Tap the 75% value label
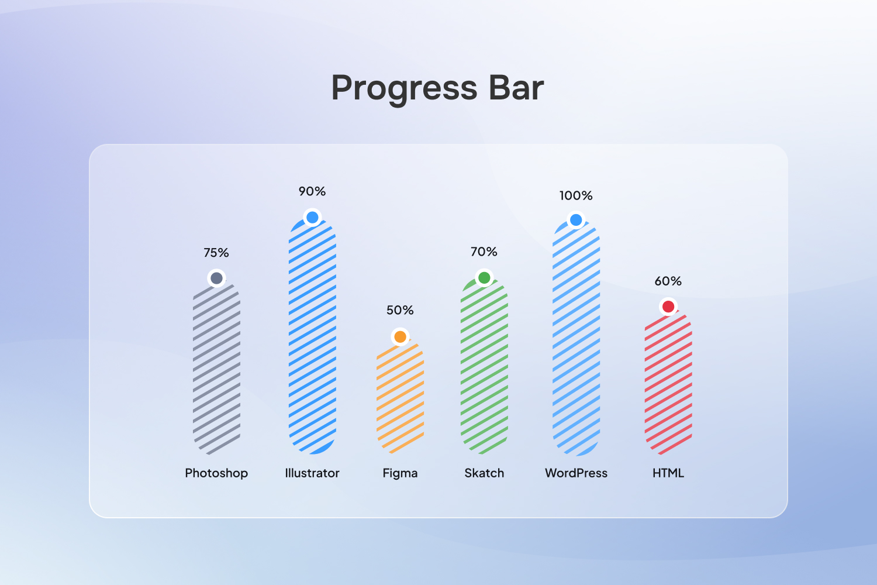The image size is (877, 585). point(216,253)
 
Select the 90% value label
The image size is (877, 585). point(312,191)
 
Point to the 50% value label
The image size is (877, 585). point(400,310)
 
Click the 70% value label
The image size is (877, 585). point(484,252)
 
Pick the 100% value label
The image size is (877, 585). point(576,195)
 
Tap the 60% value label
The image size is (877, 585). point(668,281)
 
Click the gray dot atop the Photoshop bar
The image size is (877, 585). point(216,278)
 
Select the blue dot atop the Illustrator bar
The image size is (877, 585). point(312,218)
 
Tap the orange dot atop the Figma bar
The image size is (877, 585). point(400,336)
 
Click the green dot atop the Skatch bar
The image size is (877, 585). point(484,278)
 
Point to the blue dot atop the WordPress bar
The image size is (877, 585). point(576,220)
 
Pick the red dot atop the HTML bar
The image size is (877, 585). point(668,307)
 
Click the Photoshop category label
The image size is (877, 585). point(216,473)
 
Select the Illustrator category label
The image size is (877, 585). point(312,473)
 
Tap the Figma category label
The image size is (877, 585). point(400,473)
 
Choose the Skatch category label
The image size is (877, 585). point(484,473)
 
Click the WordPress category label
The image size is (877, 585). point(576,473)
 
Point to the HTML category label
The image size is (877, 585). point(668,473)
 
